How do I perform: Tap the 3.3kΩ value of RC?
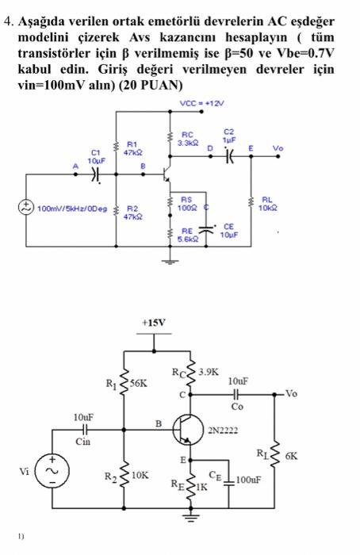pyautogui.click(x=188, y=143)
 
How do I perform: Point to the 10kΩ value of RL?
pyautogui.click(x=268, y=208)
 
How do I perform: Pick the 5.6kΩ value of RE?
pyautogui.click(x=188, y=237)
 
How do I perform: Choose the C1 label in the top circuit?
pyautogui.click(x=97, y=151)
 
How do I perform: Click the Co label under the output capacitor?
pyautogui.click(x=238, y=407)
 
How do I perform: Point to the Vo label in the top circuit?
pyautogui.click(x=278, y=147)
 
